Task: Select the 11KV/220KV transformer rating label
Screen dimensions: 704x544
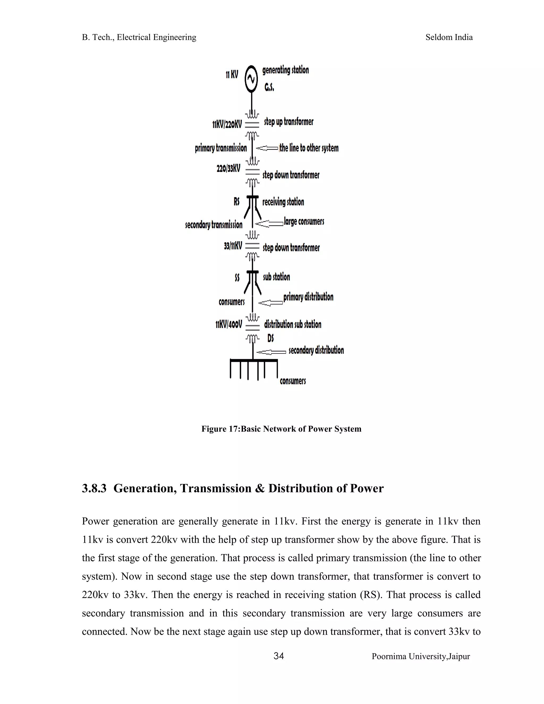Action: (x=227, y=124)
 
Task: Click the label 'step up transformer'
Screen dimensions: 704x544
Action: (x=288, y=122)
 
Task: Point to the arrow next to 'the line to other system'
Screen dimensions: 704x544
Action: (x=267, y=148)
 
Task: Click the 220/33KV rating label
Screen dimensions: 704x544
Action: (x=228, y=168)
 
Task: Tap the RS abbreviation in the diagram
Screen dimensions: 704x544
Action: (x=237, y=202)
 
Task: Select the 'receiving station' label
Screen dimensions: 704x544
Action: (x=283, y=202)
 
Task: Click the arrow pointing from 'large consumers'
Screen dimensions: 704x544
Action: (x=269, y=223)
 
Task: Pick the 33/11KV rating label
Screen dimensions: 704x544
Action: (x=233, y=246)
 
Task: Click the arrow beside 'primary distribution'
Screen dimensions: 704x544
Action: (x=270, y=303)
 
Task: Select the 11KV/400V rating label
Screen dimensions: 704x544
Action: (x=228, y=324)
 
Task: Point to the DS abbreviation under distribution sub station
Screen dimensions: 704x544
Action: (x=270, y=338)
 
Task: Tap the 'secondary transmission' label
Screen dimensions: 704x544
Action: (x=214, y=225)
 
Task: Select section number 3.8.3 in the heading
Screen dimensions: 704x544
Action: (x=94, y=488)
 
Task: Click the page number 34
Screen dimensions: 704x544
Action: (x=278, y=656)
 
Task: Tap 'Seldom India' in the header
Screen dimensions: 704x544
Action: (x=449, y=37)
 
